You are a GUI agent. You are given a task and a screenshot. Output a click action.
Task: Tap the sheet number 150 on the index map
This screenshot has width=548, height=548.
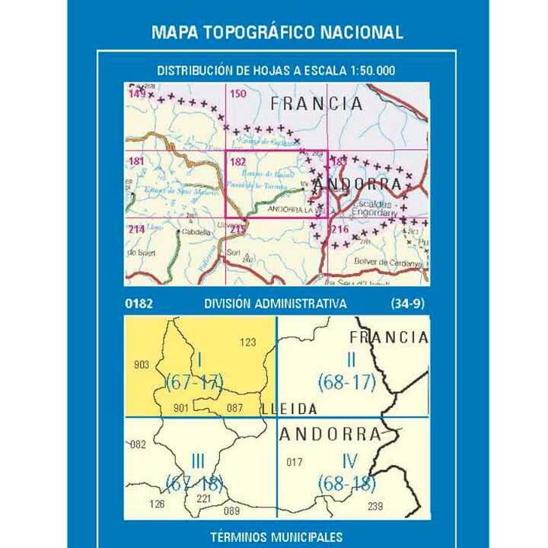238,94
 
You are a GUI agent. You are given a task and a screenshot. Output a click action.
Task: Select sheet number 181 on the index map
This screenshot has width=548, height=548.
136,161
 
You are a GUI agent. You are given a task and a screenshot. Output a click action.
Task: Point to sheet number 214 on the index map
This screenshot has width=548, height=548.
136,229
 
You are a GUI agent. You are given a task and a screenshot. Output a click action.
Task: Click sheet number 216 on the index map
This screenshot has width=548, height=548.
339,229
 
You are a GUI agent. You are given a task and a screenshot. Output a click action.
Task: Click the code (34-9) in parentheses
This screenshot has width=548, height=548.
408,304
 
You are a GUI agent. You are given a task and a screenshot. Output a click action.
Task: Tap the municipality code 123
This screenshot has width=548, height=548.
248,342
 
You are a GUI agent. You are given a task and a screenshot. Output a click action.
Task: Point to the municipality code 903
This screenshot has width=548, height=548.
141,365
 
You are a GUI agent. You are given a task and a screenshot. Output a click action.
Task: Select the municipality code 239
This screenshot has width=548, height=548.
375,506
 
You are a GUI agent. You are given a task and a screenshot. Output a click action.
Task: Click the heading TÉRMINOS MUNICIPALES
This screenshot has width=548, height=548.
276,537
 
